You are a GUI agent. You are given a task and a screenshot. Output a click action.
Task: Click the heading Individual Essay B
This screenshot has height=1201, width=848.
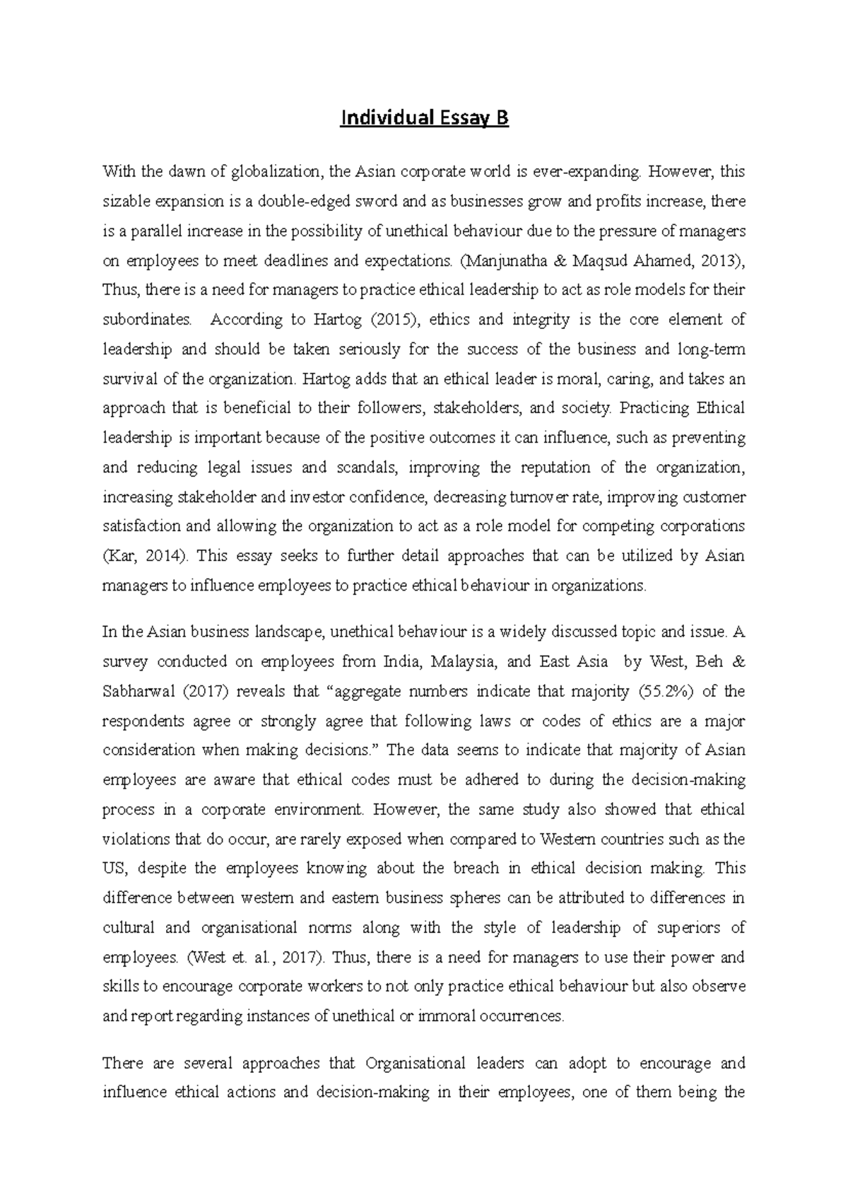click(424, 118)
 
